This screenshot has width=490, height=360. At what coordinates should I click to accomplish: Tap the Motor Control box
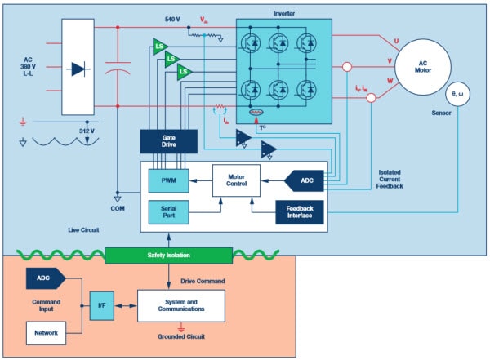tap(236, 179)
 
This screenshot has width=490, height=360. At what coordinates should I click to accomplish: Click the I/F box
tap(101, 307)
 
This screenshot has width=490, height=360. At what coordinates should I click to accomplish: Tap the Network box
tap(46, 332)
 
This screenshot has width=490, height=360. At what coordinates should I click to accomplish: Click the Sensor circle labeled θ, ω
tap(459, 96)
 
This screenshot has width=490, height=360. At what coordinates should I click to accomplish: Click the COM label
tap(117, 207)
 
